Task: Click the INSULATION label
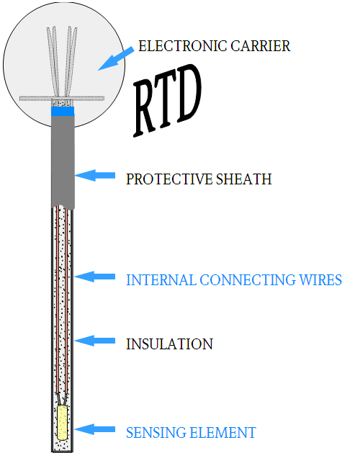point(169,344)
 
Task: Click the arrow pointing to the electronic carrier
point(115,57)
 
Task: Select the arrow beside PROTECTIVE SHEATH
point(95,175)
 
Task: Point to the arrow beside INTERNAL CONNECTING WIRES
point(95,276)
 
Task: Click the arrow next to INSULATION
point(95,341)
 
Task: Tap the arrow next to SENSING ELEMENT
point(95,429)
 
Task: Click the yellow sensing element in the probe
point(62,423)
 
